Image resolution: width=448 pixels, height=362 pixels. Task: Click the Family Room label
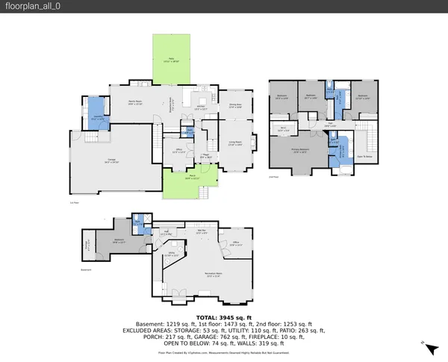(135, 102)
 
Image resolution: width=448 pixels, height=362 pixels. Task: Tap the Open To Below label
(364, 156)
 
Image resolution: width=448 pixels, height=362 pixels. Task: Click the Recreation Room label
(217, 274)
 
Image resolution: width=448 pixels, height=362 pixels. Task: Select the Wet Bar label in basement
(202, 231)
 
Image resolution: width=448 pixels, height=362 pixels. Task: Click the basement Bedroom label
(117, 241)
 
